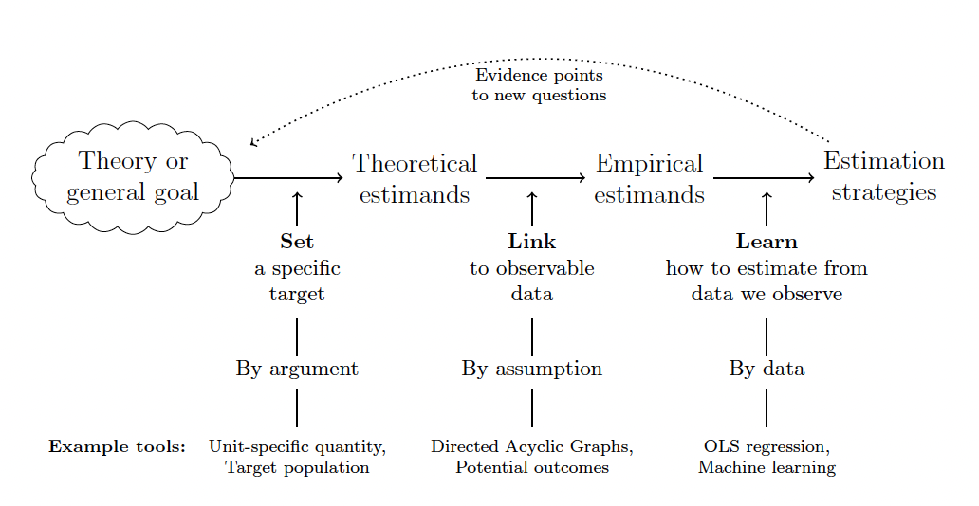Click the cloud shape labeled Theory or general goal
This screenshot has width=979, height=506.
click(133, 177)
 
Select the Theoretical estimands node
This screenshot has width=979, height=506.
click(415, 178)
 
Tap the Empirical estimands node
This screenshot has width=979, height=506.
click(649, 178)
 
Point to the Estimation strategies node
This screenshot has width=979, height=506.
click(883, 176)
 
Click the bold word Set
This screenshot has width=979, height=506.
click(297, 242)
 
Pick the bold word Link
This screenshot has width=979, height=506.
click(532, 242)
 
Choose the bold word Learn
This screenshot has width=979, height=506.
click(767, 242)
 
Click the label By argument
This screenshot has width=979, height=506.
click(297, 369)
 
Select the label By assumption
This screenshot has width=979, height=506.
click(532, 369)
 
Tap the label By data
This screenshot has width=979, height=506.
click(767, 369)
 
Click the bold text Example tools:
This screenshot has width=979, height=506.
click(117, 446)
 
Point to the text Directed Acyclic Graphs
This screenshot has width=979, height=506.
click(531, 446)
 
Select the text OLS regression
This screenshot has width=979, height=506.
click(767, 446)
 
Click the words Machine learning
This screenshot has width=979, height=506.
click(767, 467)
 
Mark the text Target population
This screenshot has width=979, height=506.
click(297, 467)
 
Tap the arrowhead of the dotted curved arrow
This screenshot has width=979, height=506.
click(252, 143)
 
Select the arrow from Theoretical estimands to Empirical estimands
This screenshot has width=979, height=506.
click(536, 177)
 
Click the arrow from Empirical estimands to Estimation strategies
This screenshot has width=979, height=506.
click(765, 177)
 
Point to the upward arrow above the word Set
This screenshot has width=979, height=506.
click(297, 207)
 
